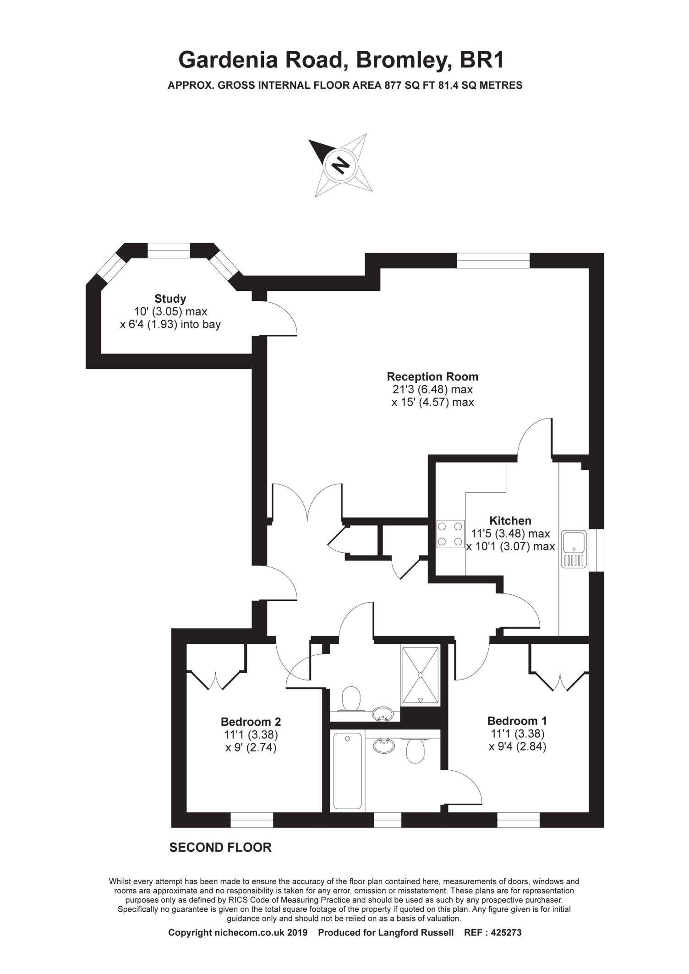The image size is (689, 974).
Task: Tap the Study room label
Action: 170,299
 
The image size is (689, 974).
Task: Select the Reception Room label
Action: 432,377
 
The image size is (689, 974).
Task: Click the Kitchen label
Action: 510,521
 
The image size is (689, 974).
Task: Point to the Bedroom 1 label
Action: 517,721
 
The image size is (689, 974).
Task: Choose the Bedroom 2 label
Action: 251,722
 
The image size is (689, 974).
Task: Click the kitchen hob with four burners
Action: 450,534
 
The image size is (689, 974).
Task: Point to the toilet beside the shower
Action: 351,699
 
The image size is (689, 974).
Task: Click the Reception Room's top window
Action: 493,261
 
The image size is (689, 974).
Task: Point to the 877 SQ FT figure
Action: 410,85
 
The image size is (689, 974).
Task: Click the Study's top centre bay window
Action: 169,250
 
